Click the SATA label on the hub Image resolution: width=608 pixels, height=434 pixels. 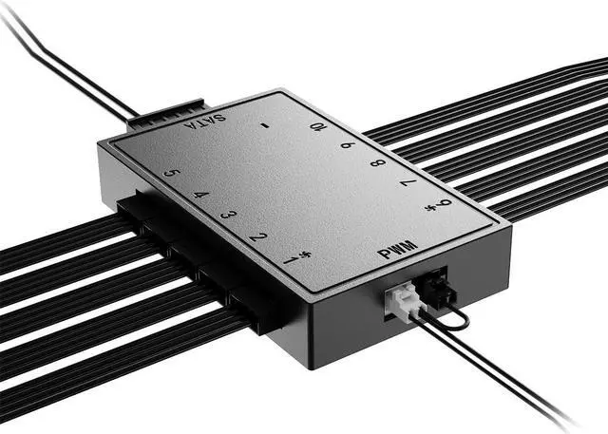[205, 122]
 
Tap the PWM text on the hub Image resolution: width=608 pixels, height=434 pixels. [397, 250]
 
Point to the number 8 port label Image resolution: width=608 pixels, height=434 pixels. [378, 162]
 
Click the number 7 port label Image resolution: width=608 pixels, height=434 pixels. [408, 181]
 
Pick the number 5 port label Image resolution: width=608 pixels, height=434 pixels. [171, 173]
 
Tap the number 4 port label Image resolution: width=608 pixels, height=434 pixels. [200, 194]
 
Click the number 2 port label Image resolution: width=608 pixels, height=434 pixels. [258, 236]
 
